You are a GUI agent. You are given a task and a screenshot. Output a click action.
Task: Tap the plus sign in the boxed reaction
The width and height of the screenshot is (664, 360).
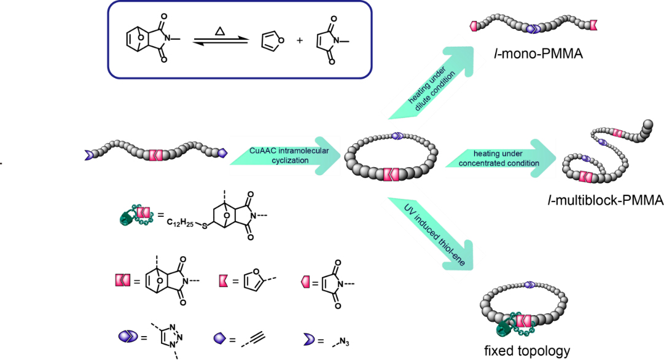(x=298, y=43)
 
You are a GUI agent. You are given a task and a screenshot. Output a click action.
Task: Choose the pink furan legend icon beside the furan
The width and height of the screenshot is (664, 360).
(x=224, y=281)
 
